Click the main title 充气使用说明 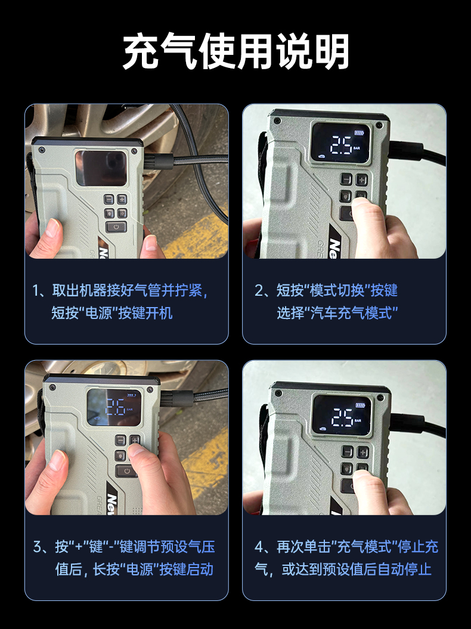(235, 52)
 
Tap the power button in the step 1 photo (116, 227)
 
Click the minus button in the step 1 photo (109, 199)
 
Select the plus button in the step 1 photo (122, 199)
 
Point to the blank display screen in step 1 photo (101, 169)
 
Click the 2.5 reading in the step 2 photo (342, 145)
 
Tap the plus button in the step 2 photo (362, 179)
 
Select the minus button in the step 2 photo (346, 179)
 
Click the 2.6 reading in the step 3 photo (114, 407)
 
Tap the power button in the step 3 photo (126, 471)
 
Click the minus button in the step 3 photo (121, 440)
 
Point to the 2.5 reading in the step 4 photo (342, 417)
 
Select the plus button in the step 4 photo (362, 452)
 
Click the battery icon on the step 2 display (358, 133)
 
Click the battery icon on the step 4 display (360, 405)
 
